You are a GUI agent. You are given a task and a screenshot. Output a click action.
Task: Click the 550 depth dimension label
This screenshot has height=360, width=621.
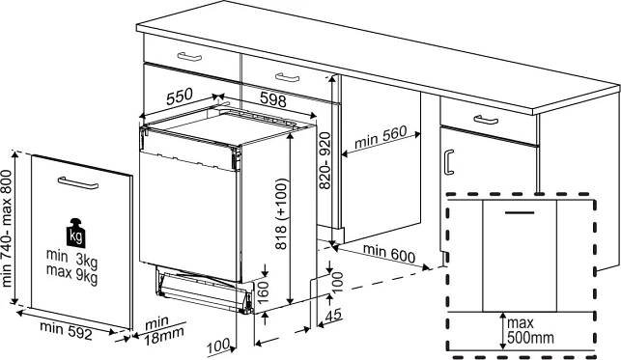tap(180, 97)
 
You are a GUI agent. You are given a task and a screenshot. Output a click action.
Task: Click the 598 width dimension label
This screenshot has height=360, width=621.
tap(273, 99)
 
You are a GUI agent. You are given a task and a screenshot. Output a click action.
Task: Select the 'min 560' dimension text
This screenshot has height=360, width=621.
tap(381, 137)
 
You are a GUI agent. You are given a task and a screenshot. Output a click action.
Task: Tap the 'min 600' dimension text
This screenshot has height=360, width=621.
tap(389, 254)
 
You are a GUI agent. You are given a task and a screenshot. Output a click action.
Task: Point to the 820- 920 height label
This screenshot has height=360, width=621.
tap(325, 160)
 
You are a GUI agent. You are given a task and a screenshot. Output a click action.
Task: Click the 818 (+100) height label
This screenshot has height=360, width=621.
tap(281, 214)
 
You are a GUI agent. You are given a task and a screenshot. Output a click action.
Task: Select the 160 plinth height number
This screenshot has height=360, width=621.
tap(263, 291)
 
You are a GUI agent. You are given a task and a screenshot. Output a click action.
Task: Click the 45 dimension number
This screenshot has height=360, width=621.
tap(333, 316)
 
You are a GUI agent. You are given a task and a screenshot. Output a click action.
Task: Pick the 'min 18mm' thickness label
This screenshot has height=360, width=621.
tap(163, 330)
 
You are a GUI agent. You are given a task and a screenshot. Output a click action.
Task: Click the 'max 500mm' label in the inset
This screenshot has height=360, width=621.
tap(530, 330)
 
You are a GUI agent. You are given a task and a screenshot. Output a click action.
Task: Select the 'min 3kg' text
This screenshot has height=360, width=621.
tap(71, 258)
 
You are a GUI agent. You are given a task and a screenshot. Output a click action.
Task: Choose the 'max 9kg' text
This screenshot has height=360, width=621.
tap(71, 273)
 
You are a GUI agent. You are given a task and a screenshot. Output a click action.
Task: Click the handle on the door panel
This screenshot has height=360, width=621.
tap(78, 182)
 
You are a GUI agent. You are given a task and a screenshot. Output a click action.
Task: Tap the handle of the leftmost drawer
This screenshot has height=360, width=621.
tap(189, 57)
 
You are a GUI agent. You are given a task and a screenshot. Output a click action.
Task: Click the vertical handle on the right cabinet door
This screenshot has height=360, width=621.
tap(449, 162)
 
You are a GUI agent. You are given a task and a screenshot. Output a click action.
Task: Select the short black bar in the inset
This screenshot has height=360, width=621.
tap(520, 212)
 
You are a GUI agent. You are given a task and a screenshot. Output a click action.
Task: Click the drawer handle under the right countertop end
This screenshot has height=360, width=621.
tap(486, 120)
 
